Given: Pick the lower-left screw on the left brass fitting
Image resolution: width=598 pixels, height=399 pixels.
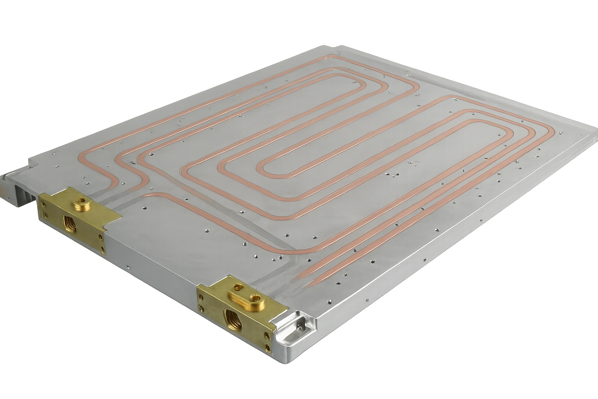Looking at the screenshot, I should coord(47,215).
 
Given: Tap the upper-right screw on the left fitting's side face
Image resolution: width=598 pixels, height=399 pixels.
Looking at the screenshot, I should coord(101,237).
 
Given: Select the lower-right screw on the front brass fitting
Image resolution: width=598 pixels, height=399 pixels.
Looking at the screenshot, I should coord(268,346).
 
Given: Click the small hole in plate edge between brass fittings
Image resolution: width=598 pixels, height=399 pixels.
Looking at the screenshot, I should coord(128,268).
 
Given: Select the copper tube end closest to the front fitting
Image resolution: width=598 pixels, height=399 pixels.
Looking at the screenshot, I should coord(302,277).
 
